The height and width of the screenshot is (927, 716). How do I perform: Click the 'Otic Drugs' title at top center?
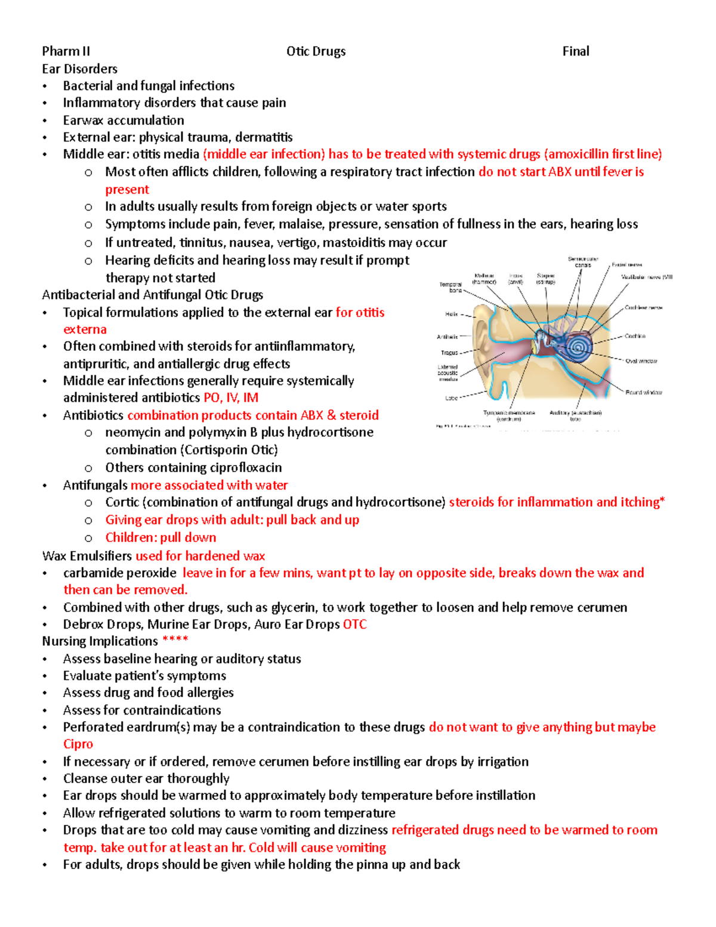pyautogui.click(x=316, y=51)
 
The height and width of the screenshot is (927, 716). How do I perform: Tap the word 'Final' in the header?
pyautogui.click(x=575, y=51)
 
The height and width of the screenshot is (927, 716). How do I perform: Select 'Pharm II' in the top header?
pyautogui.click(x=66, y=51)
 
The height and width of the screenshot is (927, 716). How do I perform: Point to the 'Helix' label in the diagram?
pyautogui.click(x=451, y=314)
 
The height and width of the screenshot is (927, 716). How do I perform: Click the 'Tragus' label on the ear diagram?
pyautogui.click(x=449, y=353)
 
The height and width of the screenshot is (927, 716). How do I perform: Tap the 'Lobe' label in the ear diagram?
pyautogui.click(x=451, y=398)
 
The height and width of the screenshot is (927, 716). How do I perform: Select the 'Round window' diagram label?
pyautogui.click(x=643, y=392)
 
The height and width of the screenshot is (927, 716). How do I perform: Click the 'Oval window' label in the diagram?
pyautogui.click(x=641, y=361)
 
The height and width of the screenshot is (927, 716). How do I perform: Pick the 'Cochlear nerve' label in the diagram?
pyautogui.click(x=643, y=307)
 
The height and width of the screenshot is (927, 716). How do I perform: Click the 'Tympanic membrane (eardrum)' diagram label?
pyautogui.click(x=509, y=415)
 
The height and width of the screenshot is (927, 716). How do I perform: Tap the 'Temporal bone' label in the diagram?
pyautogui.click(x=450, y=287)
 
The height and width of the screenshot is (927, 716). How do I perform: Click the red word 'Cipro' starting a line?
pyautogui.click(x=78, y=744)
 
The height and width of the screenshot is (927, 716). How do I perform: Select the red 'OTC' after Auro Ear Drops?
pyautogui.click(x=354, y=624)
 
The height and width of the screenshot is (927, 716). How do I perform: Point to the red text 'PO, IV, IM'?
pyautogui.click(x=231, y=398)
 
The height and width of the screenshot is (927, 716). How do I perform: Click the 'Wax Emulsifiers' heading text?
pyautogui.click(x=87, y=556)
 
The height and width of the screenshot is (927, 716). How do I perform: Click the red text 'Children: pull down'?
pyautogui.click(x=161, y=537)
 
